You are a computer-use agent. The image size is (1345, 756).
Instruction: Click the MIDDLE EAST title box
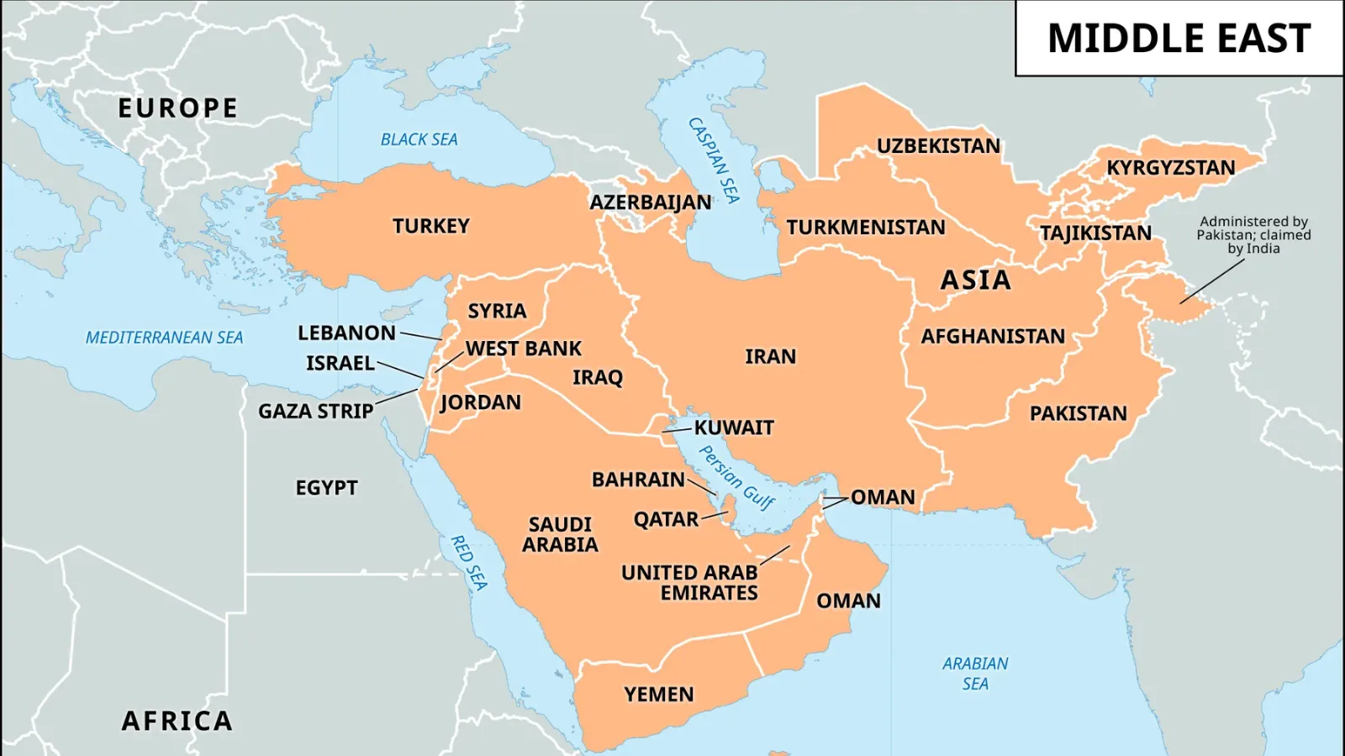[1179, 39]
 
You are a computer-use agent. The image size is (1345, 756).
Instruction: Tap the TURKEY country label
[430, 226]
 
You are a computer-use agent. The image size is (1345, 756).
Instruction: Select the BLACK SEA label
[419, 139]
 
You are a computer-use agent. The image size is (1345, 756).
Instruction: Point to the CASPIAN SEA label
[715, 160]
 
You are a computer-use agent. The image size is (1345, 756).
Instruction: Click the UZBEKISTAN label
[938, 146]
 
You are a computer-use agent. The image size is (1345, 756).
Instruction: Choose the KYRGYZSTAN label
[1170, 168]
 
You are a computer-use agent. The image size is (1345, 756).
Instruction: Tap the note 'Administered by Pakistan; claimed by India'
[1253, 235]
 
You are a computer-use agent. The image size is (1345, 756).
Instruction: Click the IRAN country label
[770, 356]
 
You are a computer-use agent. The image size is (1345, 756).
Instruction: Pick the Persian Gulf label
[737, 477]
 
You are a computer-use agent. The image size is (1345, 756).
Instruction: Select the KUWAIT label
[733, 428]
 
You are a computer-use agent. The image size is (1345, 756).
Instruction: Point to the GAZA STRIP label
[315, 412]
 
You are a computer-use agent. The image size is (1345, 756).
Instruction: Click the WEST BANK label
[523, 349]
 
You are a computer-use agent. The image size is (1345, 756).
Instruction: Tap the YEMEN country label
[658, 695]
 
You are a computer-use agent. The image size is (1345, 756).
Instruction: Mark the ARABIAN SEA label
[975, 674]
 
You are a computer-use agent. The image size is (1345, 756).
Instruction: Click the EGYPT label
[326, 488]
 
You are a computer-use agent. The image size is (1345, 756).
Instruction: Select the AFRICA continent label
[177, 721]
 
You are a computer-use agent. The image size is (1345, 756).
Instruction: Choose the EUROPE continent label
[177, 108]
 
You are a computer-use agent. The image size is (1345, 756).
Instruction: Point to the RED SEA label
[469, 563]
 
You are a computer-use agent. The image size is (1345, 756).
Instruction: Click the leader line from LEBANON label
[420, 336]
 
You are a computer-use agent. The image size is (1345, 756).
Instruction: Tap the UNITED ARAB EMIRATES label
[689, 583]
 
